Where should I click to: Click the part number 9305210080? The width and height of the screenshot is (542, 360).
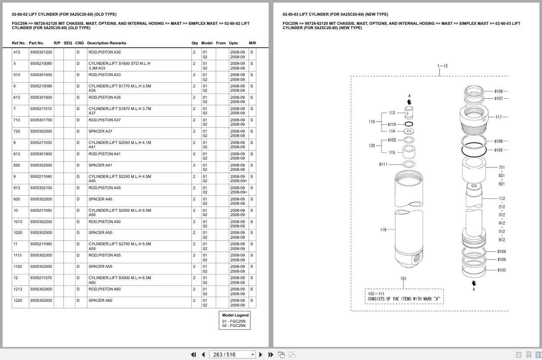(41, 63)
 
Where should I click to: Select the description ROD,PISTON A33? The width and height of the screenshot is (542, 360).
(104, 75)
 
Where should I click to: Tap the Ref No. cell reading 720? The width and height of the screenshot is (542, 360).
(17, 131)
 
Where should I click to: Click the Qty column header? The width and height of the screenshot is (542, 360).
(195, 43)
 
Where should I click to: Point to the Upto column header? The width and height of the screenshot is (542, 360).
(233, 43)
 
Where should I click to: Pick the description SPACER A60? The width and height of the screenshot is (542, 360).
(100, 300)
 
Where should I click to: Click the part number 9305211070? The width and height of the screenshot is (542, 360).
(41, 278)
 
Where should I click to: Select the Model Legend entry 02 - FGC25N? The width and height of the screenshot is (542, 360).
(234, 326)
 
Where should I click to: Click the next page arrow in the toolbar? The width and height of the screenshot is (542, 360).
(261, 355)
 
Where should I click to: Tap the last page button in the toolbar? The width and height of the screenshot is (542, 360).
(271, 355)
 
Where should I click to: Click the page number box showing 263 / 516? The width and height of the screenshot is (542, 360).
(232, 355)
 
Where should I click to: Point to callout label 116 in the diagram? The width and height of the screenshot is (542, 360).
(383, 230)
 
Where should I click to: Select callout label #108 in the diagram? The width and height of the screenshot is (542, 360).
(499, 91)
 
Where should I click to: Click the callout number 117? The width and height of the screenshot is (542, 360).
(499, 117)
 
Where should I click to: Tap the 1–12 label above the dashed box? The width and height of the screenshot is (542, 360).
(442, 66)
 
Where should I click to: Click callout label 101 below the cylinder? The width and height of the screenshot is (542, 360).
(403, 279)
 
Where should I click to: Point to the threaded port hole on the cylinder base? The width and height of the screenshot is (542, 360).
(416, 259)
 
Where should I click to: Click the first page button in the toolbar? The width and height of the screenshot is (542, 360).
(193, 355)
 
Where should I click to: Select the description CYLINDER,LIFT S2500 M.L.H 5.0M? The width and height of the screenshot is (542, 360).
(120, 210)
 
